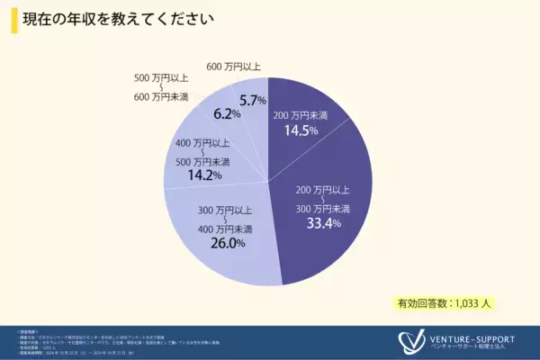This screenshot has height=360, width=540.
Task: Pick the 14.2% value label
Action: [x=202, y=175]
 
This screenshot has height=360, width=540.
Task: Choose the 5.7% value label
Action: [x=252, y=100]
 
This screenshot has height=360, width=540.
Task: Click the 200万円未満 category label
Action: [x=301, y=114]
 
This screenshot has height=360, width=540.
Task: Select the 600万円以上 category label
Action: [x=233, y=67]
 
